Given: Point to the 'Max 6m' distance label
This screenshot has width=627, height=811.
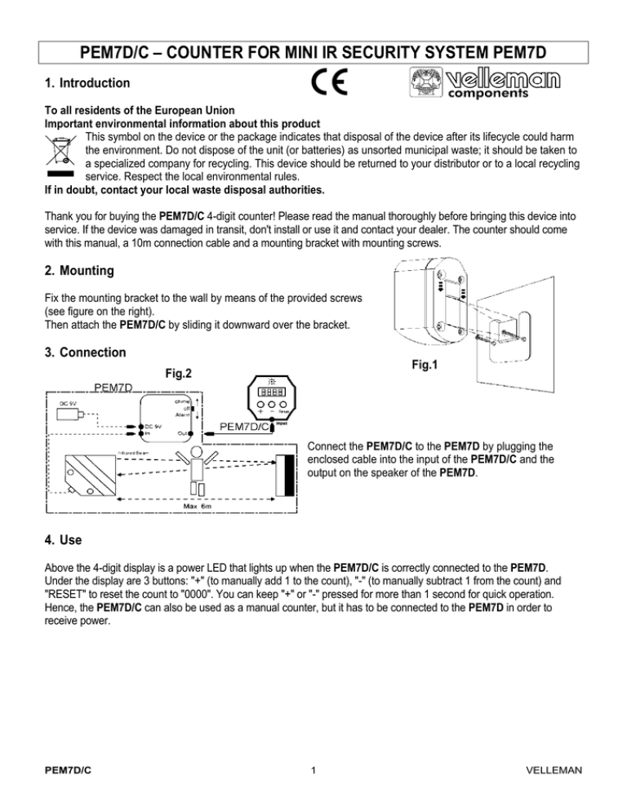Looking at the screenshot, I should coord(196,506).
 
